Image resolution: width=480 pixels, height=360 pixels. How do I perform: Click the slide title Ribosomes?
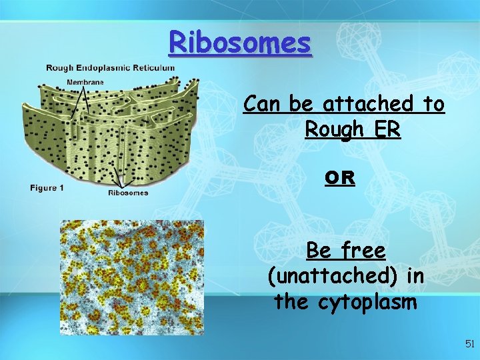(240, 43)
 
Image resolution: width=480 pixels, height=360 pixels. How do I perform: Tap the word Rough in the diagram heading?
(60, 67)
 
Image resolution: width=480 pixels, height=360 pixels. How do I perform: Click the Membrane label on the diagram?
(85, 82)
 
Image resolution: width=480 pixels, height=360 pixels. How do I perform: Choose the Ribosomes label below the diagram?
(128, 193)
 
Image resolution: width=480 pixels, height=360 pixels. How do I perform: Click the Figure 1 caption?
(47, 188)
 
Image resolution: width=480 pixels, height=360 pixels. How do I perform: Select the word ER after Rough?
(386, 129)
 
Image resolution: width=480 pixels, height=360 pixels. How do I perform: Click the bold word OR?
(339, 179)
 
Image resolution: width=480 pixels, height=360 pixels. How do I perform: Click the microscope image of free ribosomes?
(131, 277)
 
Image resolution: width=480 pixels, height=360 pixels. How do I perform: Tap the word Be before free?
(319, 251)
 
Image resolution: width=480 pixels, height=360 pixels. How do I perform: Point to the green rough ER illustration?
(107, 133)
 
